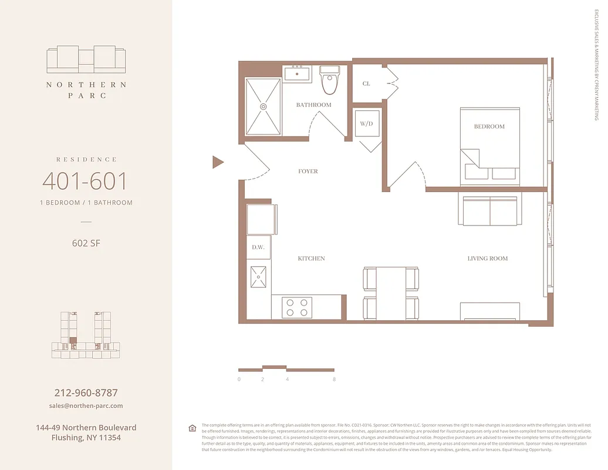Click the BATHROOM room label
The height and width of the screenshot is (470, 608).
click(313, 105)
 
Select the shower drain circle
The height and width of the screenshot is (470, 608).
click(263, 106)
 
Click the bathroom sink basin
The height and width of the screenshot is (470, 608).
click(298, 74)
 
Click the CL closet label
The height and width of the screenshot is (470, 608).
click(366, 84)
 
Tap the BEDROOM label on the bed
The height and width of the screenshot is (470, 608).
click(489, 126)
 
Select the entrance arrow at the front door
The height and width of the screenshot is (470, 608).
click(218, 162)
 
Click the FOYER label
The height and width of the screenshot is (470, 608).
click(308, 172)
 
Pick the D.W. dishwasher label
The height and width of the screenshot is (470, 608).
click(258, 247)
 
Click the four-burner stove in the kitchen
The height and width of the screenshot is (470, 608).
click(296, 307)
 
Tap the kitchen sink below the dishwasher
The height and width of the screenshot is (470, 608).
click(258, 277)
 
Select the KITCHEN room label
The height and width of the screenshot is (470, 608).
click(310, 258)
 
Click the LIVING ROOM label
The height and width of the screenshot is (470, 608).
click(487, 258)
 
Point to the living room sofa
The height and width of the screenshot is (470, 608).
click(489, 210)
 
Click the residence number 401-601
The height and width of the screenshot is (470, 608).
click(85, 182)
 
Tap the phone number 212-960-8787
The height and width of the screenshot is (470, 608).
click(86, 393)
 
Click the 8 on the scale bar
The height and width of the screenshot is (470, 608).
click(333, 380)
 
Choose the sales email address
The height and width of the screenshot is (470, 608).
click(86, 406)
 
